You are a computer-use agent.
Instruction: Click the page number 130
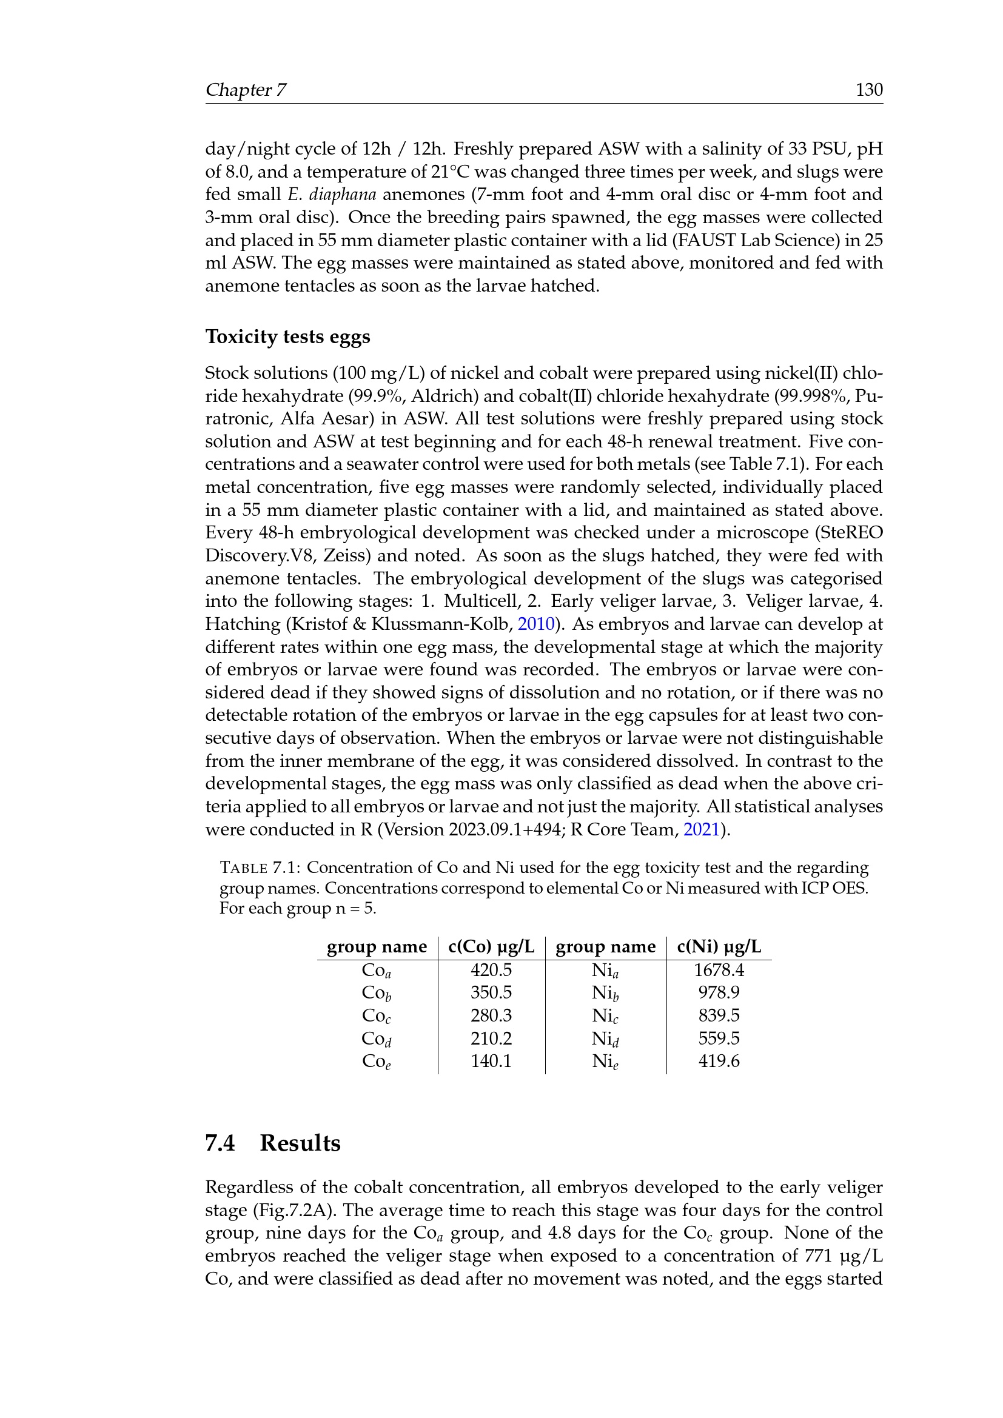coord(868,90)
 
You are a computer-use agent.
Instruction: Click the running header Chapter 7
coord(245,90)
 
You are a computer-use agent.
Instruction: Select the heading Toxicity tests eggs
coord(288,336)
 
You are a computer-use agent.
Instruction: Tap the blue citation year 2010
coord(536,624)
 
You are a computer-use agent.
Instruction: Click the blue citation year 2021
coord(701,829)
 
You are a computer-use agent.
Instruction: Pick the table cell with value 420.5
coord(491,970)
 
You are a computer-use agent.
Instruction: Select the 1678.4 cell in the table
coord(719,970)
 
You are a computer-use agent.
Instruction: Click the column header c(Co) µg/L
coord(491,947)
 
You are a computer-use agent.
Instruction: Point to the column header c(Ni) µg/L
coord(719,947)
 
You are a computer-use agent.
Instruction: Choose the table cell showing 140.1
coord(491,1061)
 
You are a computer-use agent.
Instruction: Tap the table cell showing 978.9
coord(719,992)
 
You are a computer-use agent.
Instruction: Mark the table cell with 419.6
coord(719,1061)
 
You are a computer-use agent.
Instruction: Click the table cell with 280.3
coord(491,1015)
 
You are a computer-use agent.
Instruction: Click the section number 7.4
coord(220,1143)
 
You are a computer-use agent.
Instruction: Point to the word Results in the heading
coord(300,1143)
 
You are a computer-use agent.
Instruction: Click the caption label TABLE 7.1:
coord(260,868)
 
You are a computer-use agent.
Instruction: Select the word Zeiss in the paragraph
coord(347,556)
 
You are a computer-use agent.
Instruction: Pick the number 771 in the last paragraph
coord(821,1256)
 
